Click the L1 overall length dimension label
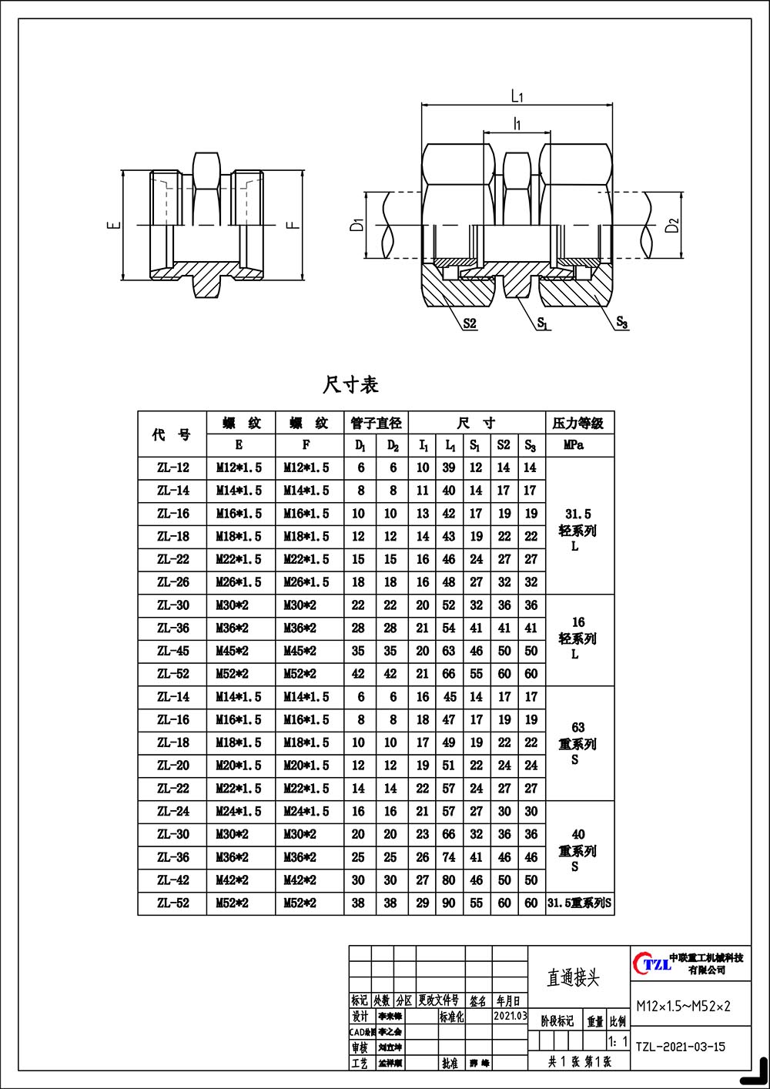tap(517, 96)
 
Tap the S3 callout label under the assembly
tap(622, 323)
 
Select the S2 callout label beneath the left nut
tap(470, 324)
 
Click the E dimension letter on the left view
tap(113, 226)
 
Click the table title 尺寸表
tap(350, 384)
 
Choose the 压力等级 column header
tap(579, 423)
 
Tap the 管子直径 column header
tap(376, 423)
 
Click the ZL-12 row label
tap(172, 467)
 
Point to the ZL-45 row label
tap(172, 651)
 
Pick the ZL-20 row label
tap(172, 766)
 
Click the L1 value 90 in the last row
tap(449, 903)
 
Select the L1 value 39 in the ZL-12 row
tap(449, 467)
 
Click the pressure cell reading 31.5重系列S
tap(579, 903)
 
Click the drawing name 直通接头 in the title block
tap(573, 978)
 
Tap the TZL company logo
tap(651, 963)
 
